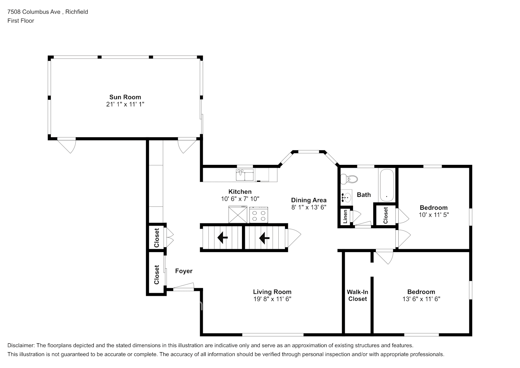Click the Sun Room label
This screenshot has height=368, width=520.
coord(125,97)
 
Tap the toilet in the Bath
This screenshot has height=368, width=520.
coord(349,179)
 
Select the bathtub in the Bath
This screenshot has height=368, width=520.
coord(387,185)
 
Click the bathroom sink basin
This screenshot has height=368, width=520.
coord(346,198)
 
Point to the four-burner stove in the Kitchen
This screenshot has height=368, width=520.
coord(259,215)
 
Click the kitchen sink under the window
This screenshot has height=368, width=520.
coord(245,175)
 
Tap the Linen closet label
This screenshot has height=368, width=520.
coord(345,216)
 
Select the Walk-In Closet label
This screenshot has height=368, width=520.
coord(357,295)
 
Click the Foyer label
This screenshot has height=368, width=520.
coord(184,271)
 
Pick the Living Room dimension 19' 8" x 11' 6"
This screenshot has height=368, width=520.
coord(272,299)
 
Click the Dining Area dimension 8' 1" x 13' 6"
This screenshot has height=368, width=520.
coord(309,207)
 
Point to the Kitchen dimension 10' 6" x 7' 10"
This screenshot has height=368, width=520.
coord(240,199)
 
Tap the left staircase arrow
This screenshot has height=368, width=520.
coord(222,238)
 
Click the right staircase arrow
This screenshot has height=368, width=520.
coord(264,238)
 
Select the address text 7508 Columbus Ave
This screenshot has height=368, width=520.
coord(34,12)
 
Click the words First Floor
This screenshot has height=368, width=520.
coord(21,21)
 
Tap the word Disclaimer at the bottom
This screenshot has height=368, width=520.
coord(21,345)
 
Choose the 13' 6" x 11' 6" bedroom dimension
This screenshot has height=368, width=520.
coord(421,299)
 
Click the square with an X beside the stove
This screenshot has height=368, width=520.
coord(238,215)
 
